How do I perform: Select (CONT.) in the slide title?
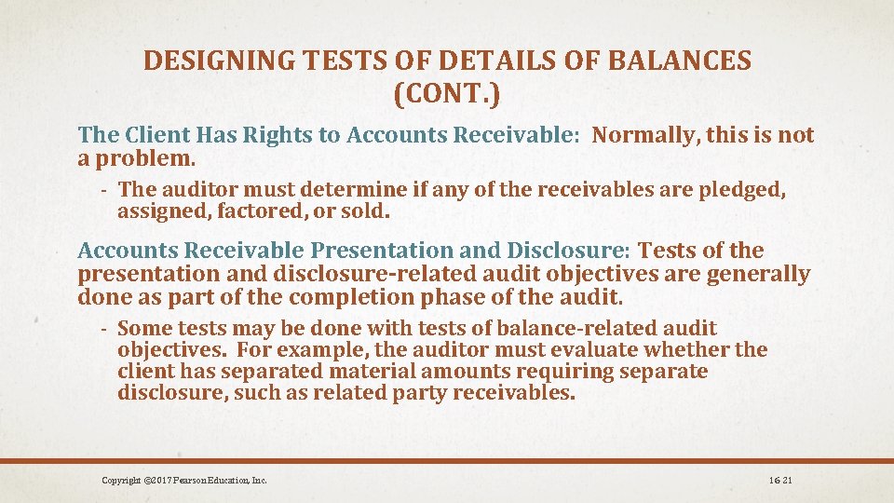447,94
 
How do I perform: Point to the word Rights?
278,136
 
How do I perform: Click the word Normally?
645,136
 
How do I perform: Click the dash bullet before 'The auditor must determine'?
106,190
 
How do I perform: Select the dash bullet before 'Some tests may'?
106,328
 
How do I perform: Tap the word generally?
759,275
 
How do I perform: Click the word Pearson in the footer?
182,481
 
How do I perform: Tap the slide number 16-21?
780,481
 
